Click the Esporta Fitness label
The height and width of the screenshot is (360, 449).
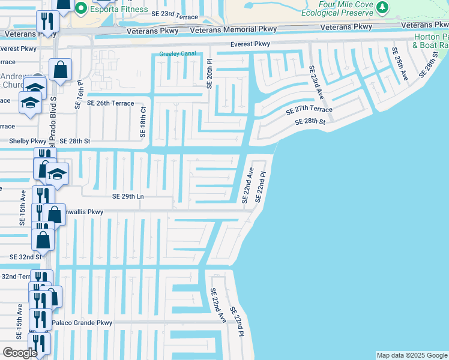pos(119,9)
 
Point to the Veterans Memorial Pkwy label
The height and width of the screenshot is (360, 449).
pos(234,29)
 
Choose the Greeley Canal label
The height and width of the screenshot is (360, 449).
pos(178,54)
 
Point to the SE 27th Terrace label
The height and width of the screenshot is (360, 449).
pos(309,110)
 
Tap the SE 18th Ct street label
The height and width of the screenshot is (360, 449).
pos(143,122)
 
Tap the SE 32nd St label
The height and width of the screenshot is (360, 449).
pos(26,256)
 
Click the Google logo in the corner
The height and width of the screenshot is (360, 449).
pos(20,353)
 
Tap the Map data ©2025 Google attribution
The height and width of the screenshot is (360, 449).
pos(411,355)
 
